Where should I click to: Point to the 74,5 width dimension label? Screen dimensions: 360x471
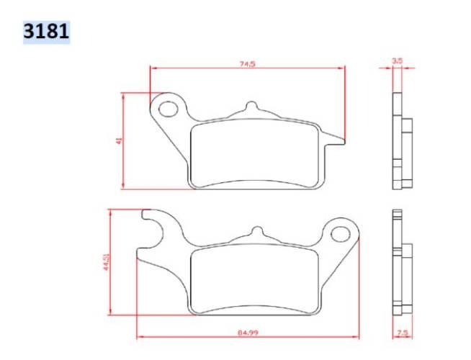[x=247, y=63]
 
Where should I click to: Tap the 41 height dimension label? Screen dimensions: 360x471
[x=119, y=140]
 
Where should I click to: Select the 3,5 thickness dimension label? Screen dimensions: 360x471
[x=397, y=62]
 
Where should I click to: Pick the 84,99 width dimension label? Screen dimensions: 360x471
[x=247, y=333]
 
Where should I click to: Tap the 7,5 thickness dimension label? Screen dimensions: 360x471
[x=403, y=333]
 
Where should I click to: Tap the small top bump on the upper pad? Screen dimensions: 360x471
[x=251, y=107]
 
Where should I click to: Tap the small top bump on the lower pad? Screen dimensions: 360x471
[x=255, y=232]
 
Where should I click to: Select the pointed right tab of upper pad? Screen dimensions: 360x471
[x=337, y=139]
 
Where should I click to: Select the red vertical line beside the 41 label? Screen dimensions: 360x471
[x=124, y=141]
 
